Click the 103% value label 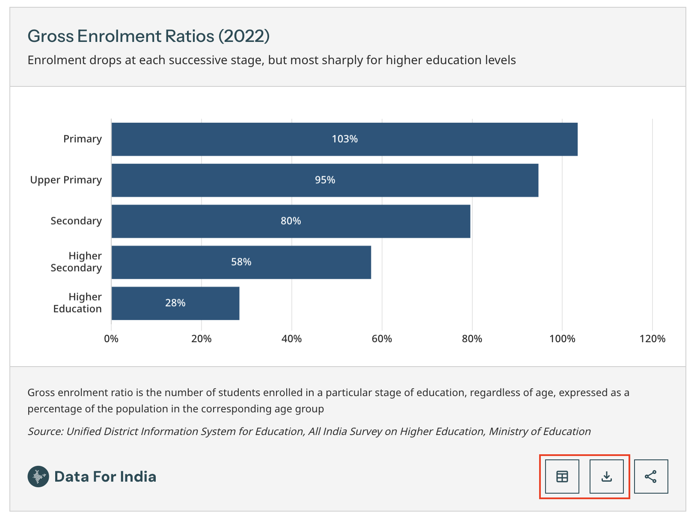click(345, 139)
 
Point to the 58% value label click(241, 262)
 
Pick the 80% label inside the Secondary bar click(291, 221)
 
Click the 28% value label click(175, 303)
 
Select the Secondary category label click(76, 221)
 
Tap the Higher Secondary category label click(76, 262)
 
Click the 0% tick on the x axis click(111, 339)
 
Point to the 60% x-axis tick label click(382, 339)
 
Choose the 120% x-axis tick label click(652, 339)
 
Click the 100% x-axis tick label click(562, 339)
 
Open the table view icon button click(562, 477)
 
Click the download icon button click(607, 477)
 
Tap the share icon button click(651, 477)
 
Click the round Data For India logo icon click(38, 477)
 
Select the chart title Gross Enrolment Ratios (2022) click(148, 36)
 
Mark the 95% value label click(325, 180)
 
